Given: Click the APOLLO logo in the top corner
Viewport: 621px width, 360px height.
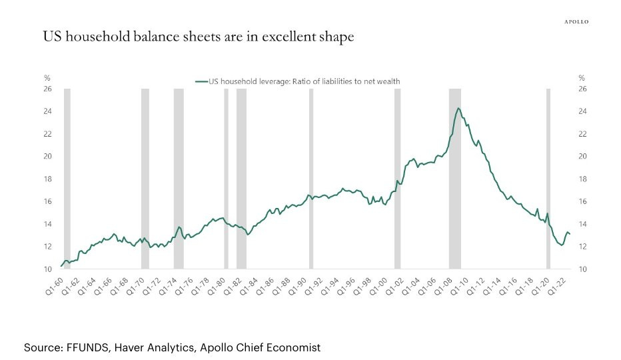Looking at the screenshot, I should [x=576, y=22].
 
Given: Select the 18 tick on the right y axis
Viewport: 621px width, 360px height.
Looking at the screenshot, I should [x=582, y=179].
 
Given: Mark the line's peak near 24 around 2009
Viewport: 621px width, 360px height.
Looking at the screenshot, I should [x=458, y=108].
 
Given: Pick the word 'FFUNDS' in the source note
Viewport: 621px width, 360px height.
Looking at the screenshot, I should [x=89, y=347].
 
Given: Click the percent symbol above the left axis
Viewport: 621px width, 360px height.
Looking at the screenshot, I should [x=47, y=78].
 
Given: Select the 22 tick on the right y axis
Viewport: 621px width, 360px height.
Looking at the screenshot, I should [x=582, y=134].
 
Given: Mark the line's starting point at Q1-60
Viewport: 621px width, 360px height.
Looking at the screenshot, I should [x=61, y=266].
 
